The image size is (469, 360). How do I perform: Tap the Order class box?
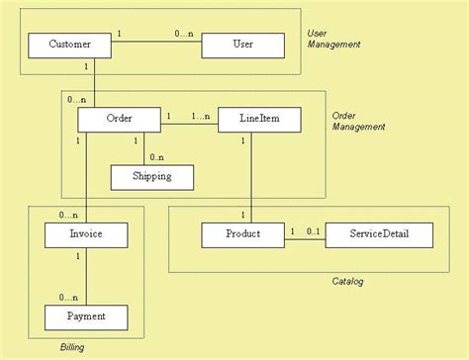click(119, 120)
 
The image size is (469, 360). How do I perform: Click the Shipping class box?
click(150, 176)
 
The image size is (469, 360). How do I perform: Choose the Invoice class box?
click(86, 234)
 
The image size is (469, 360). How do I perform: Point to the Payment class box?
click(86, 316)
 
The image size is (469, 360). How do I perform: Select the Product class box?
click(242, 234)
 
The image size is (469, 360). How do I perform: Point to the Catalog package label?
click(347, 282)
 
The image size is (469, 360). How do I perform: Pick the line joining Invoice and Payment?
click(86, 276)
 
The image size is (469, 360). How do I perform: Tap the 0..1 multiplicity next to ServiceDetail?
click(313, 231)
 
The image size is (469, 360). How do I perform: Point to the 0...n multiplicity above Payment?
click(68, 297)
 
